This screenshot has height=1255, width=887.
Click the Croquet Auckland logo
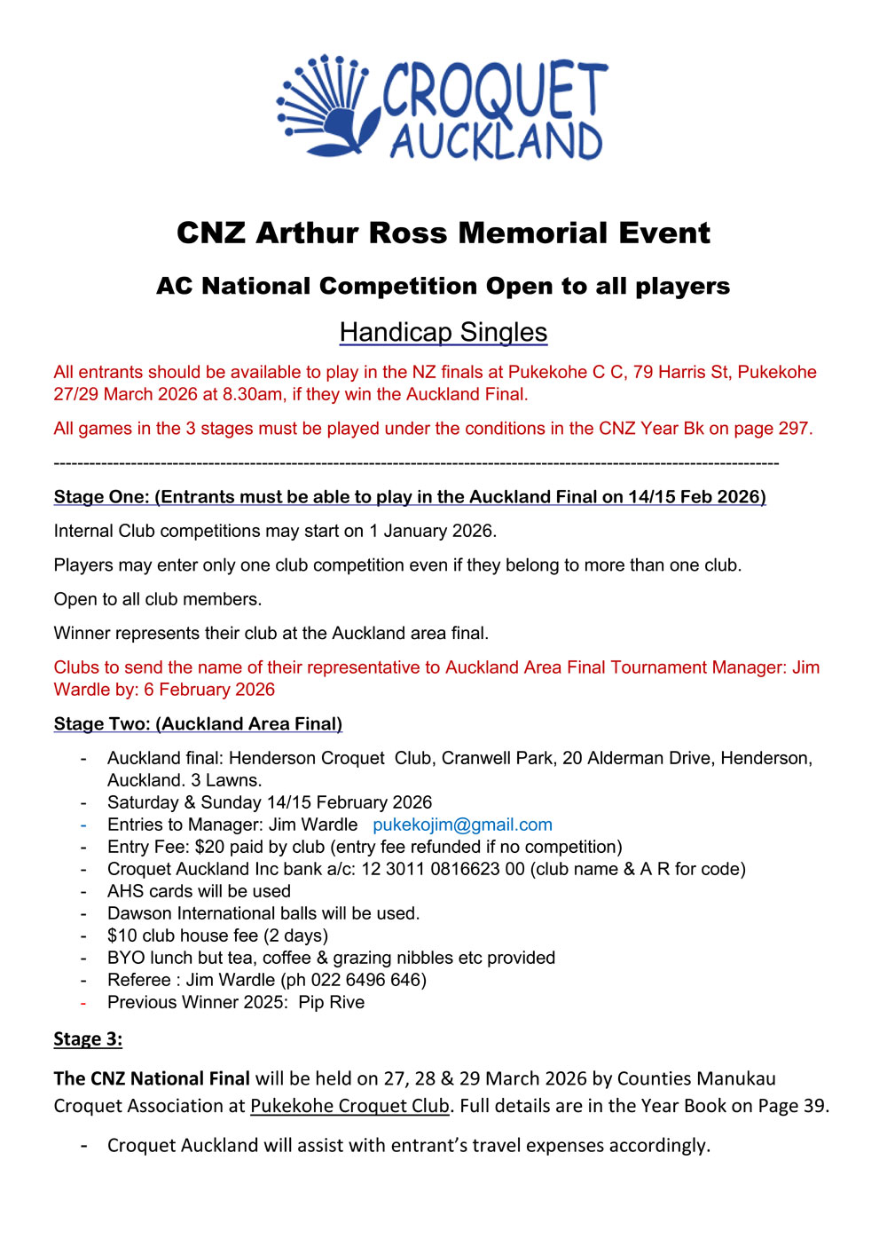442,108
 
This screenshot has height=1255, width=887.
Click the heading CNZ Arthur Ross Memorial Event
443,233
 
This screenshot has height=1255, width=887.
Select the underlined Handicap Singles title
443,332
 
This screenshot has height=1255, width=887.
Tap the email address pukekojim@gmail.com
462,825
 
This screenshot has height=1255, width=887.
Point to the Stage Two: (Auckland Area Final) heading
198,723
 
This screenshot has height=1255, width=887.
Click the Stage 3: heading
88,1038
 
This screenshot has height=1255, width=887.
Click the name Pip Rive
332,1002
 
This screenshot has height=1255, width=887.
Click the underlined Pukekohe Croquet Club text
349,1106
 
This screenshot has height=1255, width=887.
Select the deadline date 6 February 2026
209,690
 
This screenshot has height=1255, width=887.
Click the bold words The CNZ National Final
152,1078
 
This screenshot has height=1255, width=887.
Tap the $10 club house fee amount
122,935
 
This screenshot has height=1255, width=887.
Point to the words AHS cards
148,891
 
